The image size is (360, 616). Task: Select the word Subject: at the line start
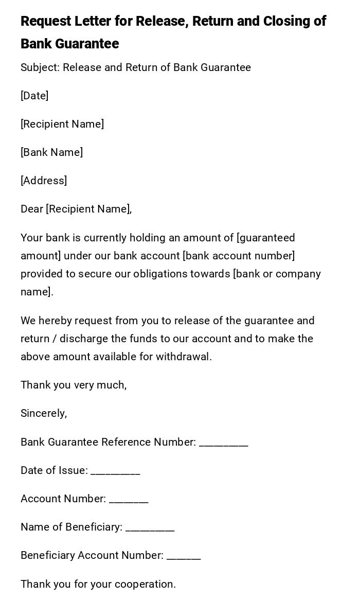(40, 67)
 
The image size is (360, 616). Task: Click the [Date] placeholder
(34, 96)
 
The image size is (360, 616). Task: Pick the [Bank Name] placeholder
(51, 152)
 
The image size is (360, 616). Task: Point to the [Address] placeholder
(44, 181)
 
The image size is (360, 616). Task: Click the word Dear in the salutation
(32, 209)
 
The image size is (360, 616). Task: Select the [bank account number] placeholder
(239, 256)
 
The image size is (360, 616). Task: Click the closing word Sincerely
(44, 413)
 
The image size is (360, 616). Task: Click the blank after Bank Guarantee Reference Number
(224, 443)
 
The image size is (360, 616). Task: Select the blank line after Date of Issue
(115, 471)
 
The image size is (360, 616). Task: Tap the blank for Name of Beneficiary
(150, 528)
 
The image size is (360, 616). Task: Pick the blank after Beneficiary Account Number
(184, 556)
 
